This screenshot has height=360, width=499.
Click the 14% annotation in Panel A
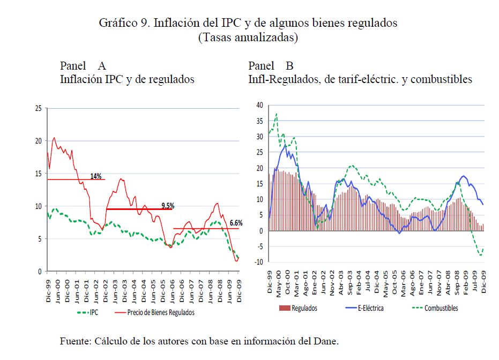click(96, 176)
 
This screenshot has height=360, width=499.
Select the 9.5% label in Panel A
click(168, 205)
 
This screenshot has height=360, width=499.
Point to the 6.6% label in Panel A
click(236, 223)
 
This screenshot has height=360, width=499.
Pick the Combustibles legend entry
click(441, 308)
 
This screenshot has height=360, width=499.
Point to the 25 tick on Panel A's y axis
click(38, 108)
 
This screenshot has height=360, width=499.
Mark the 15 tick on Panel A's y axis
click(38, 174)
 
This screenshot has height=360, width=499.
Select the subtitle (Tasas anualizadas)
click(248, 37)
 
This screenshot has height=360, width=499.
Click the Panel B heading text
click(271, 66)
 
